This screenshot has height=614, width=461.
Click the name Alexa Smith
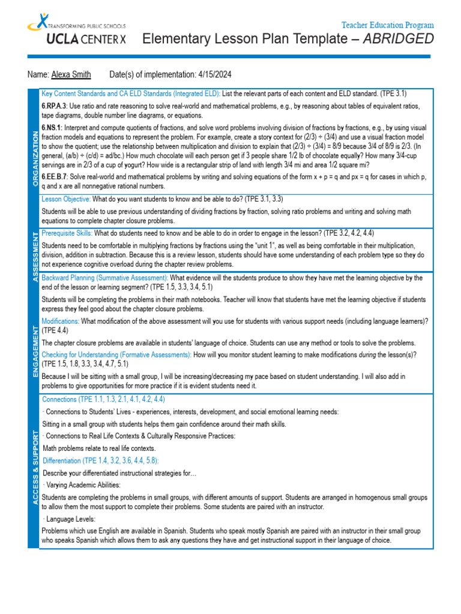(71, 74)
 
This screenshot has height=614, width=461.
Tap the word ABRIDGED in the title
(400, 40)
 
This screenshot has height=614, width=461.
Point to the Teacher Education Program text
(387, 25)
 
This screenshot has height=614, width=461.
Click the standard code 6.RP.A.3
(53, 106)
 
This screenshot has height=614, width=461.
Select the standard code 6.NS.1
(52, 128)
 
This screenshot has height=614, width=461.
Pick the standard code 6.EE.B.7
(54, 177)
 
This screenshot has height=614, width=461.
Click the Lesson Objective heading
(66, 198)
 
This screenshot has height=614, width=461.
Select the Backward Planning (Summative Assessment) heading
(105, 278)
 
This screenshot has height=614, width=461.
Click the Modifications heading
(60, 321)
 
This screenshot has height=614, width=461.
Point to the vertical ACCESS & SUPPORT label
(34, 473)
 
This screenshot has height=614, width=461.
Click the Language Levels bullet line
(71, 519)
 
